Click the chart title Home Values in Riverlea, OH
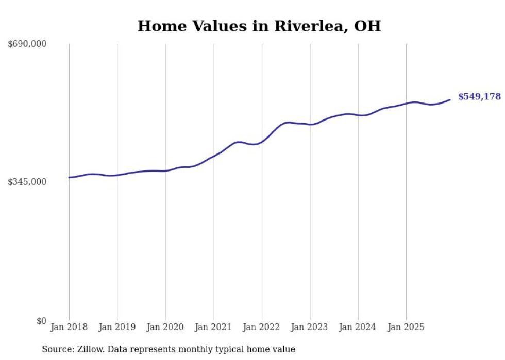259,26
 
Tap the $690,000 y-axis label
27,44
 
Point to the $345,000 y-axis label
27,182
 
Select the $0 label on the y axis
41,321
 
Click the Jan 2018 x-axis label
69,327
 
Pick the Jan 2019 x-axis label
117,327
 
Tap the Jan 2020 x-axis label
165,327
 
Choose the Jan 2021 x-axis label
213,327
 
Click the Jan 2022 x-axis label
262,327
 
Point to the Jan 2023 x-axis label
310,327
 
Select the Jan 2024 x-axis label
358,327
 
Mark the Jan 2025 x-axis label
406,327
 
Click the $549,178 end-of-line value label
479,97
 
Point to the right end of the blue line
450,99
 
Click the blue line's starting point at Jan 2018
69,177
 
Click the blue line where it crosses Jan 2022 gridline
262,141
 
